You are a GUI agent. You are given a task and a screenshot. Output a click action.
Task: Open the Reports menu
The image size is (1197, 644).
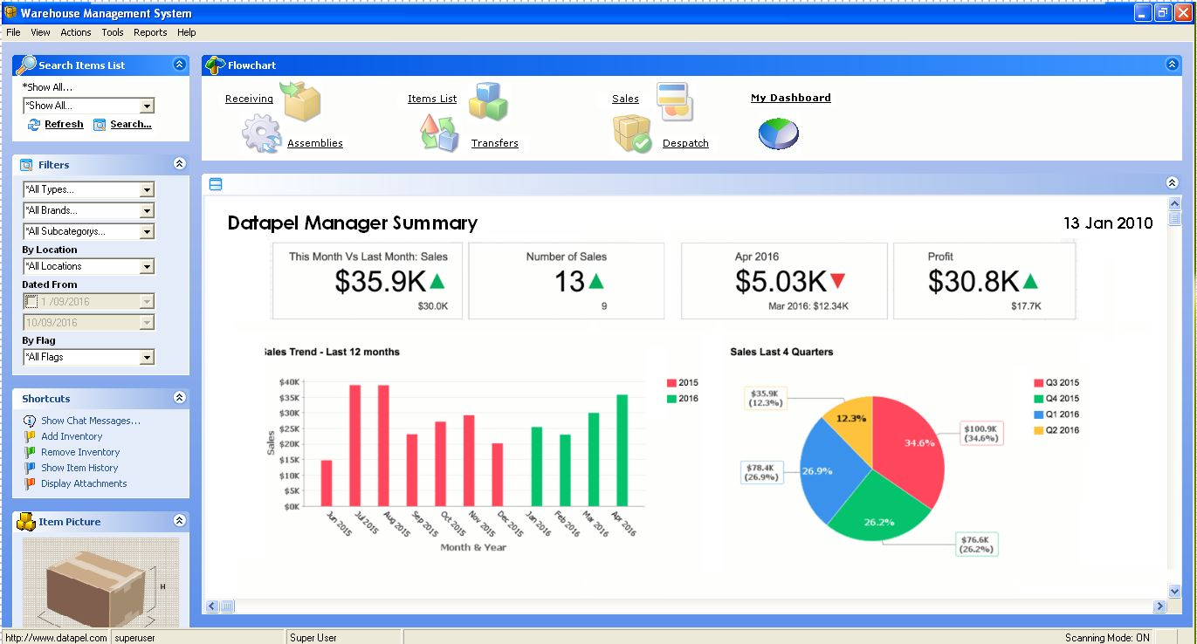click(x=150, y=32)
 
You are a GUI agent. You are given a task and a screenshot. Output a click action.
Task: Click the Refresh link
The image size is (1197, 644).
click(x=64, y=124)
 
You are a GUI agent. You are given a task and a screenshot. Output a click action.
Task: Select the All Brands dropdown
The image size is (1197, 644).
click(x=88, y=210)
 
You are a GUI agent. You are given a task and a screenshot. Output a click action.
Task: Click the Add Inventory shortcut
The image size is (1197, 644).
click(x=72, y=436)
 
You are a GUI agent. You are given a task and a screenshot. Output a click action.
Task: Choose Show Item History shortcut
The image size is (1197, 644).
click(x=79, y=468)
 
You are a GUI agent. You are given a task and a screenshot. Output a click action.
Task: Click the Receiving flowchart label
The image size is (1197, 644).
click(x=249, y=99)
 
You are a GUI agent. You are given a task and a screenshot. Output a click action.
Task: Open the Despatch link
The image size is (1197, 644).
click(x=685, y=143)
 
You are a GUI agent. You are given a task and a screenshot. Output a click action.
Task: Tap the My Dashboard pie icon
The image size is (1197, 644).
click(x=778, y=134)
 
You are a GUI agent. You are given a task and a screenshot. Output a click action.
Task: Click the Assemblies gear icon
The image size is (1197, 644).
click(x=260, y=135)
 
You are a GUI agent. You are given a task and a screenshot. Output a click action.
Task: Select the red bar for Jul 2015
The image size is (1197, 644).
click(x=354, y=445)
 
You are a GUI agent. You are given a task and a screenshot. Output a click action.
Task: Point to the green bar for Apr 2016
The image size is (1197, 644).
click(x=622, y=450)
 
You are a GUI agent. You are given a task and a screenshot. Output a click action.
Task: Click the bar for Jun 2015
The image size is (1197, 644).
click(x=327, y=483)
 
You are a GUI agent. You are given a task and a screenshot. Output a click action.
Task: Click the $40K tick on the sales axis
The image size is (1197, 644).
click(x=289, y=382)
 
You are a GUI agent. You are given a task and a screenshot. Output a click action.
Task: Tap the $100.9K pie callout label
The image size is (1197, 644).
click(x=982, y=433)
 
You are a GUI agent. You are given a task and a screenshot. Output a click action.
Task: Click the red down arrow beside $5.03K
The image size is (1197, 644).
click(x=838, y=281)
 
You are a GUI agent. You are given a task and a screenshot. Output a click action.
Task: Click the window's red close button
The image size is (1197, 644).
click(x=1182, y=13)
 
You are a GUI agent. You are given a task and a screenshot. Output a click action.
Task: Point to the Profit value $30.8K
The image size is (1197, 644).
click(x=973, y=281)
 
